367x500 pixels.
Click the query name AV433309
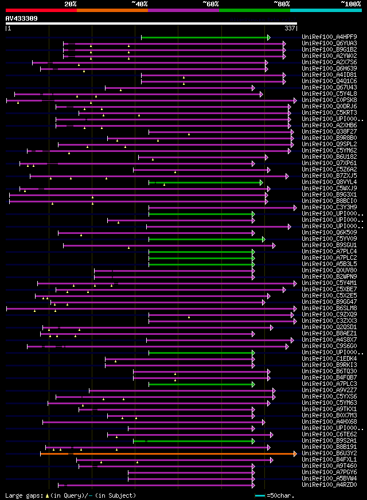pos(22,18)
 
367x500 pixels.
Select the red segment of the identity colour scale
pos(41,10)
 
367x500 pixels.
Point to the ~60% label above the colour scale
pos(210,3)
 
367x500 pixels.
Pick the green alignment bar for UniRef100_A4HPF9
pos(204,37)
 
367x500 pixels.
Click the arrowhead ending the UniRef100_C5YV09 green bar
pos(263,239)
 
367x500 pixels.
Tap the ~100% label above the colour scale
pos(350,3)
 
